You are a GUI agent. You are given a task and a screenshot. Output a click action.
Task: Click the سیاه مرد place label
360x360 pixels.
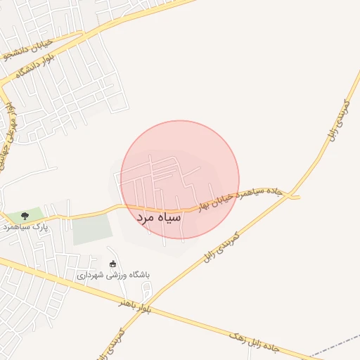[159, 218]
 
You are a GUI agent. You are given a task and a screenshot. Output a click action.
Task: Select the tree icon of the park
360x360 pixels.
[25, 215]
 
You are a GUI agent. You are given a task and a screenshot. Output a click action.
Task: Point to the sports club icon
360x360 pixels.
[113, 264]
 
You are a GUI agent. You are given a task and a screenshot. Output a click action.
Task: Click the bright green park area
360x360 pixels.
[32, 214]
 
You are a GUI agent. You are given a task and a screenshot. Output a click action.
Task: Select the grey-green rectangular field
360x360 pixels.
[92, 230]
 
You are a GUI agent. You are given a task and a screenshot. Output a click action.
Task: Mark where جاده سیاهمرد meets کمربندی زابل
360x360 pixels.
[290, 196]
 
